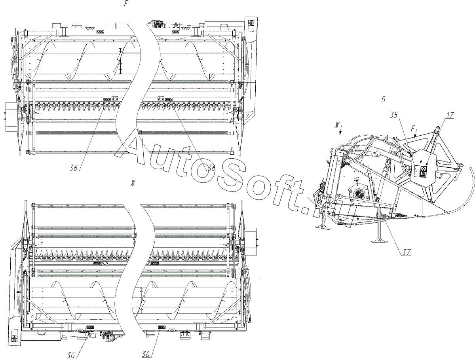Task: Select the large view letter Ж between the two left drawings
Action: [x=134, y=182]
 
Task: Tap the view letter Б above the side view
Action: [x=383, y=100]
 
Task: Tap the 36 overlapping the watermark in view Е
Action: [x=211, y=167]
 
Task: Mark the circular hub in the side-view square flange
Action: [x=360, y=194]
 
